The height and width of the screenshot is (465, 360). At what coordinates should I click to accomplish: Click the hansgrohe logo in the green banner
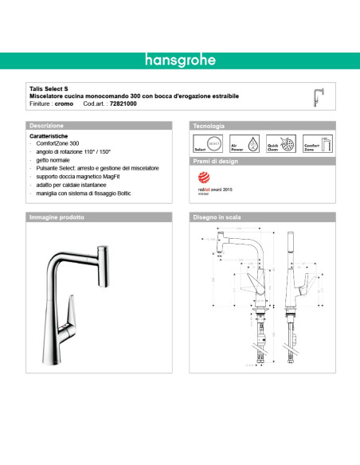[179, 61]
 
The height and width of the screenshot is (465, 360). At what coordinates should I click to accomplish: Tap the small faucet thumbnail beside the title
[320, 96]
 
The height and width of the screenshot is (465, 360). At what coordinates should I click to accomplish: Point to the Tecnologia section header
[209, 126]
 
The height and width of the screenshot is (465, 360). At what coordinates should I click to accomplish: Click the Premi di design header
[215, 161]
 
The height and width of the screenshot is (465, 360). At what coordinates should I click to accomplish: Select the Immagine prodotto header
[57, 217]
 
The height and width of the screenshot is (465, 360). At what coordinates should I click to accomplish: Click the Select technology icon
[203, 144]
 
